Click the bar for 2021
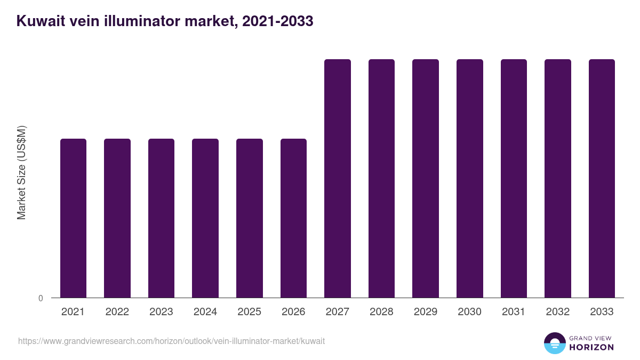[x=73, y=218]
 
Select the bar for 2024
[x=205, y=218]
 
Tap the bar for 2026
[x=293, y=218]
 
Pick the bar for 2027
[x=338, y=178]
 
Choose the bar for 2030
[x=470, y=178]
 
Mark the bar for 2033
[x=602, y=178]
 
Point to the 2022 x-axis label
[x=117, y=312]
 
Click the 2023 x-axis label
[x=161, y=312]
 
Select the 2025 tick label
[x=250, y=312]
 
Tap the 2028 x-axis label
[x=381, y=312]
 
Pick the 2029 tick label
[x=426, y=312]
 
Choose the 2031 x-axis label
[x=514, y=312]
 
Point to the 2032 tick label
[x=558, y=312]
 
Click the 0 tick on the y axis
[x=41, y=298]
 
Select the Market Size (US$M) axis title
[x=21, y=173]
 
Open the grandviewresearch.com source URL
[x=171, y=341]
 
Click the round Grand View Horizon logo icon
[x=555, y=343]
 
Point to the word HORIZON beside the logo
[x=591, y=347]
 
